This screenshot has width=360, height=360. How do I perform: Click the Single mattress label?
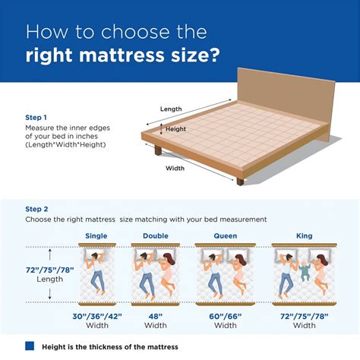click(x=96, y=235)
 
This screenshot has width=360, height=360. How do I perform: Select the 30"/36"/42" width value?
click(x=96, y=315)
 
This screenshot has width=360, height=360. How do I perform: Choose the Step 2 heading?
click(x=37, y=208)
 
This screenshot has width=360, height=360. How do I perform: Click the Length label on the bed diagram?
click(x=171, y=109)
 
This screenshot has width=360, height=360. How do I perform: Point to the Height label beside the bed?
click(x=175, y=129)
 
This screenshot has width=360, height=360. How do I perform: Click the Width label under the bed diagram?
click(x=175, y=168)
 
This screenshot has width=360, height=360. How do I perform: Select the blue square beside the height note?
click(x=30, y=346)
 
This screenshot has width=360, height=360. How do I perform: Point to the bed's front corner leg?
click(x=240, y=181)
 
